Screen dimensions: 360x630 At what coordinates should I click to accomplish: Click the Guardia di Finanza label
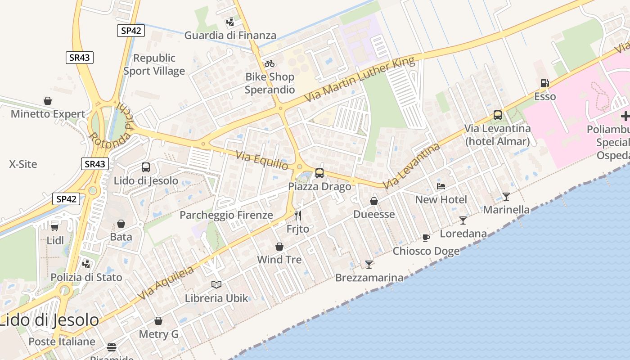click(x=230, y=35)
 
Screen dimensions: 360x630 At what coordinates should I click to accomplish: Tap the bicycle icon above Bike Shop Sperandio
click(x=270, y=63)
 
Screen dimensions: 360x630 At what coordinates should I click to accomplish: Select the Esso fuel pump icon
click(x=544, y=83)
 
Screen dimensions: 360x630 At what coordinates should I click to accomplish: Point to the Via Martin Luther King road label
click(x=360, y=80)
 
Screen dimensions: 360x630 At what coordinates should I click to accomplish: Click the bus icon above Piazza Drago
click(x=319, y=173)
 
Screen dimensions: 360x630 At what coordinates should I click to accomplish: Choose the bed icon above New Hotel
click(x=441, y=186)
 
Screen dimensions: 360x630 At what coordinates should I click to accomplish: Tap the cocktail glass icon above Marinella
click(x=506, y=196)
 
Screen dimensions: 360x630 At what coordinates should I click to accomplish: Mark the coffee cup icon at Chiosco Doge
click(x=426, y=238)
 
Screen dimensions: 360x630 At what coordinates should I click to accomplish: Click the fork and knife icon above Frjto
click(x=297, y=216)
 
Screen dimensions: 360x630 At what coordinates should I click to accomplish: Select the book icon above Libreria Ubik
click(x=216, y=284)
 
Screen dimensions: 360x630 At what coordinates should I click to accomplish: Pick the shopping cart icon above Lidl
click(x=55, y=227)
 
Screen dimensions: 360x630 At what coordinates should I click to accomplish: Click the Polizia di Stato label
click(x=86, y=277)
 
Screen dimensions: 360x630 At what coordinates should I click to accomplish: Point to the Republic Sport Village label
click(x=154, y=64)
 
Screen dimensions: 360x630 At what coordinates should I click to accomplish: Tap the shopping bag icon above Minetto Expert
click(x=48, y=100)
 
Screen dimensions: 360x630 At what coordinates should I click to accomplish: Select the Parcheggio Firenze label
click(x=226, y=215)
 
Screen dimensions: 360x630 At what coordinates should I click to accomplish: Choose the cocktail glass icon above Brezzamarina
click(x=369, y=264)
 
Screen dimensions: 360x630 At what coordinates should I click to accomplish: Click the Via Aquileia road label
click(x=166, y=283)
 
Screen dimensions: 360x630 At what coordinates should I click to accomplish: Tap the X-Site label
click(x=23, y=164)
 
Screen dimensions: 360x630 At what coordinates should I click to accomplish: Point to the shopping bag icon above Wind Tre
click(x=279, y=247)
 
